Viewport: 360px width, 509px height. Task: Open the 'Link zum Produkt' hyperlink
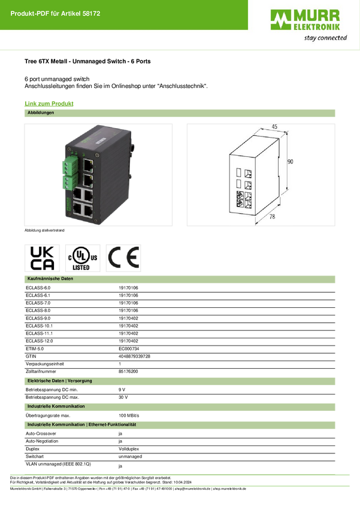49,104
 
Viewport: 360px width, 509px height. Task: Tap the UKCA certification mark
42,258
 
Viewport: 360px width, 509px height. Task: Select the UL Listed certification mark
83,258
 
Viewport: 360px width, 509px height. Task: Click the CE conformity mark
123,258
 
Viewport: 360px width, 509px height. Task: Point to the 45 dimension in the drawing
274,126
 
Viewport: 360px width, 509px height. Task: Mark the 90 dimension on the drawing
290,161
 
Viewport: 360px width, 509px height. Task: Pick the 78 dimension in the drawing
273,216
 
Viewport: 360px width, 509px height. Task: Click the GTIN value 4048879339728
134,356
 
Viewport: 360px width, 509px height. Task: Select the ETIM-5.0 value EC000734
129,349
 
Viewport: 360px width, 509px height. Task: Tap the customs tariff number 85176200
128,371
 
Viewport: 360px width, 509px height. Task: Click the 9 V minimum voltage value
122,390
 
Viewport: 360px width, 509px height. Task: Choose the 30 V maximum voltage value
123,398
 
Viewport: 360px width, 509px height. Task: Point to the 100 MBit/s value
129,416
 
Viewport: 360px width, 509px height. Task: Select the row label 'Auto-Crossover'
41,434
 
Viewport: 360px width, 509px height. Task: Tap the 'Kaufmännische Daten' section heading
50,278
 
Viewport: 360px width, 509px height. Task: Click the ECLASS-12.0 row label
40,341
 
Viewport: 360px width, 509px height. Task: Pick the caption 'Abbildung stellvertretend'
44,231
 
